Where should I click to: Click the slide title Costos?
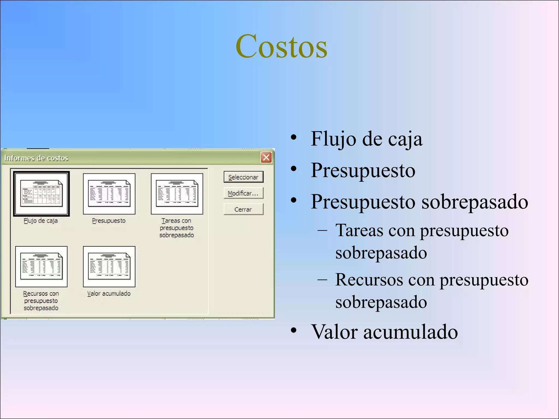coord(281,47)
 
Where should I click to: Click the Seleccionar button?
coord(243,177)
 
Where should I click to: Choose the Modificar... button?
coord(243,193)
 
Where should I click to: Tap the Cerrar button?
coord(243,209)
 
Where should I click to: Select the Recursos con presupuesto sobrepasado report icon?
coord(41,267)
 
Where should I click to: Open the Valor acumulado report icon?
coord(109,267)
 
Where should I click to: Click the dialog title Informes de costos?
coord(36,158)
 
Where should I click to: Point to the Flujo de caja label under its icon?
coord(41,221)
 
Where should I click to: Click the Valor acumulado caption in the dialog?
coord(109,294)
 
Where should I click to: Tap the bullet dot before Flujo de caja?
coord(293,137)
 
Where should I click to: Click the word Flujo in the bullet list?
coord(333,139)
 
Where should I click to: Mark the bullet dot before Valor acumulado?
coord(293,330)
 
